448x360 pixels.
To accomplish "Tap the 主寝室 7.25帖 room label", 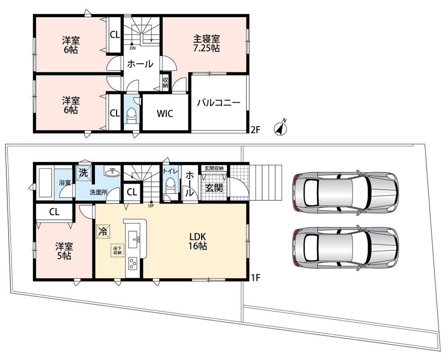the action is (x=206, y=43).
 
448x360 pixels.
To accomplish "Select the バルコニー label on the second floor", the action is (x=219, y=103).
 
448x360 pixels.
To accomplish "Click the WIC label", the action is (x=165, y=113).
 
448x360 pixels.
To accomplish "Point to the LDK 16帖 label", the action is (x=197, y=241).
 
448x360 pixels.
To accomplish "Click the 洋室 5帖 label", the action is (x=64, y=251).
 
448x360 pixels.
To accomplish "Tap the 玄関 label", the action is (x=214, y=188).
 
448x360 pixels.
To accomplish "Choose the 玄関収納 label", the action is (x=214, y=168).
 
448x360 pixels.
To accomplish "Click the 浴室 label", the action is (x=65, y=182).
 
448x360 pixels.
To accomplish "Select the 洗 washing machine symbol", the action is (x=84, y=173).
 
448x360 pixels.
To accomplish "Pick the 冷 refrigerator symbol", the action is (x=103, y=231).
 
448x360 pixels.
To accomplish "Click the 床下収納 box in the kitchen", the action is (x=117, y=251).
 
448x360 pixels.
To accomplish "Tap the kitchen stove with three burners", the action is (x=133, y=263).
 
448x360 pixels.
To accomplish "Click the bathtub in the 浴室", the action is (x=45, y=183).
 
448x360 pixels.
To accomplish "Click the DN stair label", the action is (x=132, y=48).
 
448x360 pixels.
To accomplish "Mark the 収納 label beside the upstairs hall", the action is (x=166, y=83).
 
